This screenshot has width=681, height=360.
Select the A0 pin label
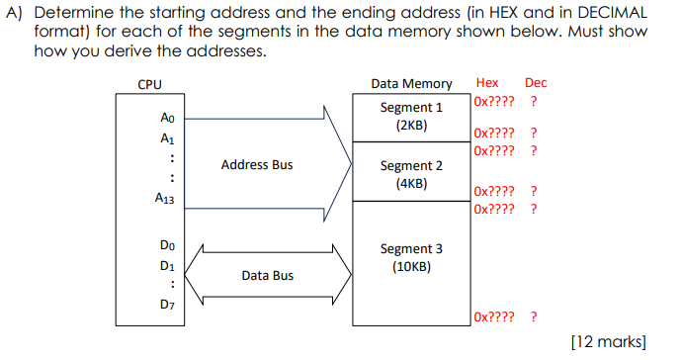click(x=167, y=118)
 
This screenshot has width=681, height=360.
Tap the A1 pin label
click(x=167, y=138)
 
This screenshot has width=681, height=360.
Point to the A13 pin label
click(x=166, y=199)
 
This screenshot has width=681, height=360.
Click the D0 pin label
click(x=167, y=244)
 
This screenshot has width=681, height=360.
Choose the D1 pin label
click(x=167, y=265)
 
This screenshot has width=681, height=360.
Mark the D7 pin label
click(x=167, y=305)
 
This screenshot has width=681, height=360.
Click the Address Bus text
click(x=257, y=164)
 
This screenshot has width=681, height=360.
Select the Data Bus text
click(x=267, y=275)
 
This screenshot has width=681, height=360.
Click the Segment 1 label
click(x=411, y=107)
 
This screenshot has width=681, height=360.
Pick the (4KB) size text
click(x=411, y=184)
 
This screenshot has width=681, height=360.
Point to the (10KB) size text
click(x=411, y=267)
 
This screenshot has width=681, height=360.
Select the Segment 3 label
click(x=411, y=249)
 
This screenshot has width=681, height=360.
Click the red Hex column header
click(x=487, y=83)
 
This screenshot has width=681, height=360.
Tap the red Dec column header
click(x=536, y=83)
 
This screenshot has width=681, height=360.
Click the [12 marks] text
click(x=609, y=341)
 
